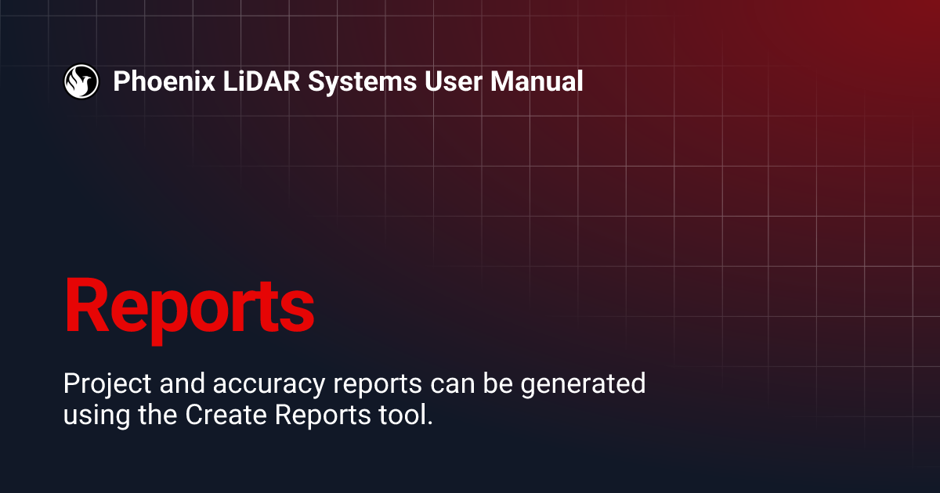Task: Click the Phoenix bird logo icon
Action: pos(81,81)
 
